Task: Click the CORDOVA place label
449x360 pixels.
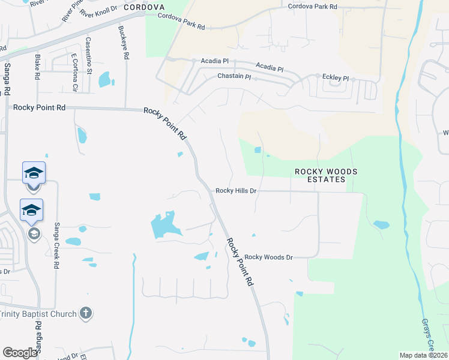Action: point(144,7)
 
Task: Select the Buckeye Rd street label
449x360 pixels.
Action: point(124,42)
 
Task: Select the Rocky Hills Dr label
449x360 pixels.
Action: point(236,190)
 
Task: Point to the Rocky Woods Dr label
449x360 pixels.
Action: point(268,257)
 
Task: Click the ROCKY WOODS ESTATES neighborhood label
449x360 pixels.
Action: point(326,175)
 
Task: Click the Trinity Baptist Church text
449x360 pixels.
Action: point(38,314)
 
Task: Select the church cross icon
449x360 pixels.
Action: point(86,313)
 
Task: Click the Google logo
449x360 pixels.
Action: point(20,353)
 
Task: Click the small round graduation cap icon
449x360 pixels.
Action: point(34,233)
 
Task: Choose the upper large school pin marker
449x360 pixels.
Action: point(34,174)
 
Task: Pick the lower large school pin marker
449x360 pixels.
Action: point(31,211)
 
